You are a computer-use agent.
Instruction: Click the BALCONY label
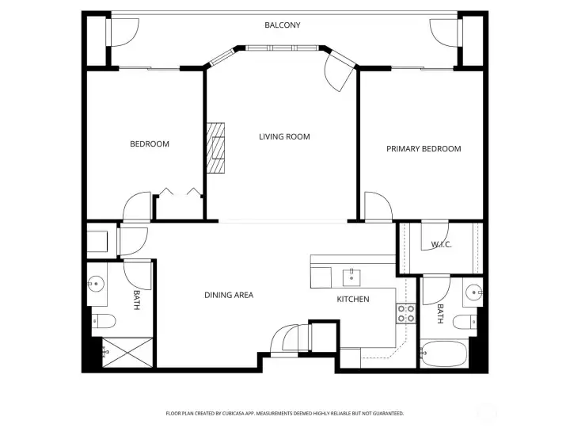click(283, 25)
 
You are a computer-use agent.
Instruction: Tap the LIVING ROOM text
click(284, 137)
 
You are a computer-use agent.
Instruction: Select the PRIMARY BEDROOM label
click(424, 149)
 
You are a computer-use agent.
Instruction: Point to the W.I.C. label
click(441, 244)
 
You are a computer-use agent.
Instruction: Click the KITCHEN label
click(353, 300)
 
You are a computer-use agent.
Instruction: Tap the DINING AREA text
click(229, 296)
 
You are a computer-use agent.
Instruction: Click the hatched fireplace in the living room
click(216, 147)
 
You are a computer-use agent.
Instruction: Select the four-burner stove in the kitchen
click(405, 313)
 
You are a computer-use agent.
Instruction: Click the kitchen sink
click(349, 277)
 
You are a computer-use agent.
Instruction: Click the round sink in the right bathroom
click(474, 291)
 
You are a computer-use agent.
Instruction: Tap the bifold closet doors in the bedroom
click(180, 191)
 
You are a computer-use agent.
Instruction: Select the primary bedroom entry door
click(378, 207)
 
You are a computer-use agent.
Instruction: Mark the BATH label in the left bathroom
click(136, 300)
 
